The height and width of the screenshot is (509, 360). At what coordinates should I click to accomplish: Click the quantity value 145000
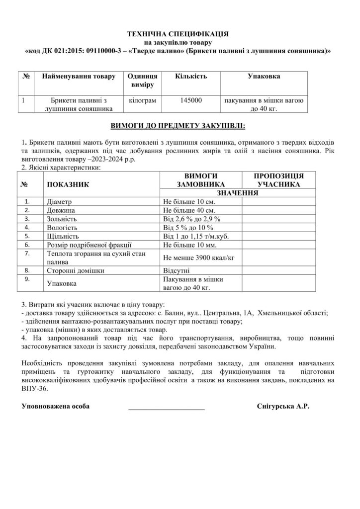coord(191,100)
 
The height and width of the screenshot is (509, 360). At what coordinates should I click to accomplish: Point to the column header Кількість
coord(191,77)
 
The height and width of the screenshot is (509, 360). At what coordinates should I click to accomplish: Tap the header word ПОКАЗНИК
coord(67,184)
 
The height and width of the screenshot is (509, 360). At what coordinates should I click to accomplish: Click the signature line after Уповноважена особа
coord(167,407)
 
